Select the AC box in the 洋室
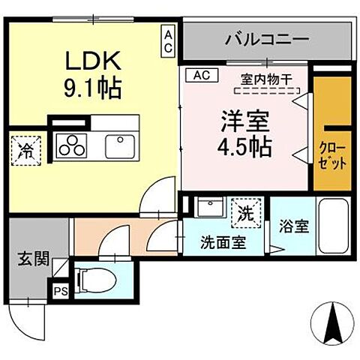(200, 75)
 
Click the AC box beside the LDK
(169, 40)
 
